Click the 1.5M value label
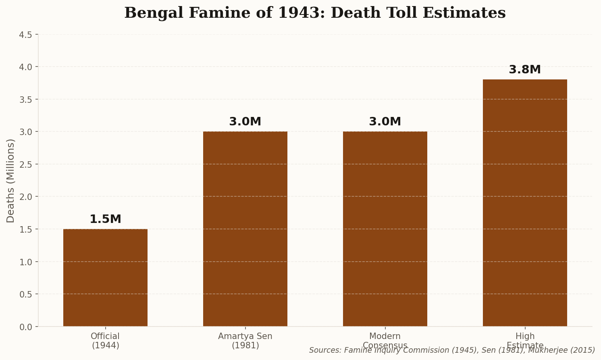105,219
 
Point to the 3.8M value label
525,70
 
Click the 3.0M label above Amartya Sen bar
245,122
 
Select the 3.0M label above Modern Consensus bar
385,122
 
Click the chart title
315,13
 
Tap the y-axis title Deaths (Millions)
10,181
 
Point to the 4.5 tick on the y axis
26,35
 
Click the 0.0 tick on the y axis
26,327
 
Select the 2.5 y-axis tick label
26,164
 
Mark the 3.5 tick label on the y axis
26,100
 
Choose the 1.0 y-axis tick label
26,262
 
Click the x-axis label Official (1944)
105,341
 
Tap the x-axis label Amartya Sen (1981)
245,341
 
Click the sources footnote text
452,350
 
